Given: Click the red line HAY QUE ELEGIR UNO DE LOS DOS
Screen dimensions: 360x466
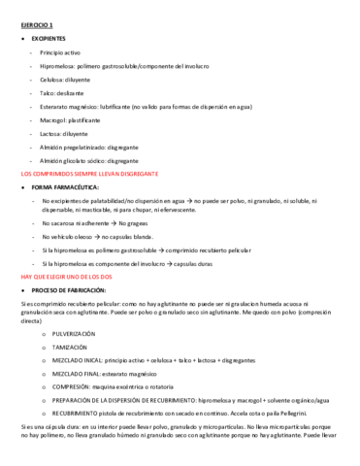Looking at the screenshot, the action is click(64, 277).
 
